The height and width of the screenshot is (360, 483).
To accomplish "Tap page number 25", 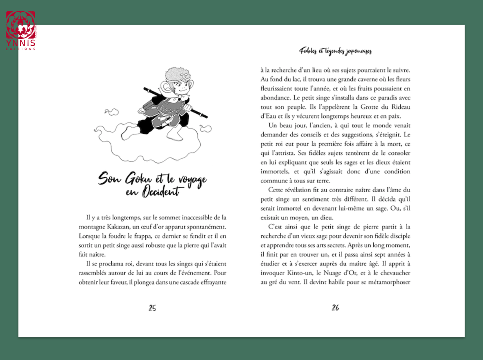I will pyautogui.click(x=152, y=308).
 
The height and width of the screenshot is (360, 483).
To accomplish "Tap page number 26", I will pyautogui.click(x=335, y=308).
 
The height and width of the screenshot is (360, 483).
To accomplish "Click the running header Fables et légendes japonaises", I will pyautogui.click(x=335, y=51).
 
